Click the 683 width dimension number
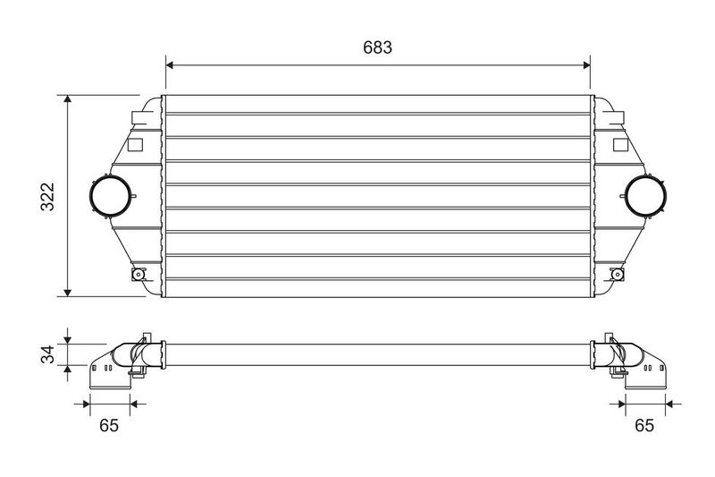click(x=377, y=47)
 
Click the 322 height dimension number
click(x=47, y=197)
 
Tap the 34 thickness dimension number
click(x=47, y=354)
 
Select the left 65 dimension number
click(x=109, y=425)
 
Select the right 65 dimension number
click(x=643, y=425)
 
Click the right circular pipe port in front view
click(x=666, y=196)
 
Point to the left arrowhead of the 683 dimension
click(x=169, y=65)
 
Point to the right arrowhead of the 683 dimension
click(x=586, y=65)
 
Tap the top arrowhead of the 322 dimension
click(x=68, y=99)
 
